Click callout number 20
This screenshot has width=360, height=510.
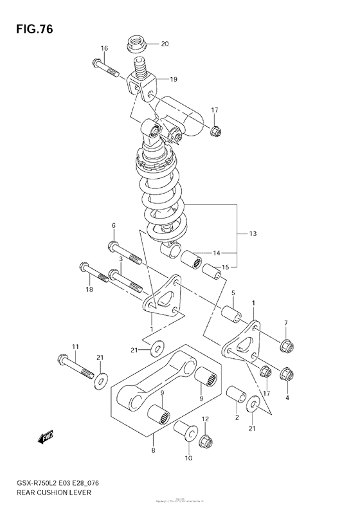[164, 44]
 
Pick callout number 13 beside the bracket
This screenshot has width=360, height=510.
[252, 233]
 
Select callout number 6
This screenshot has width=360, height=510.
[113, 226]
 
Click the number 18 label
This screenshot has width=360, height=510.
[89, 290]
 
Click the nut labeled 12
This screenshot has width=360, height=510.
[207, 441]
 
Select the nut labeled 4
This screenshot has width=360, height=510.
[287, 372]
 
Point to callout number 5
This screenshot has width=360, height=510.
[233, 293]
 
